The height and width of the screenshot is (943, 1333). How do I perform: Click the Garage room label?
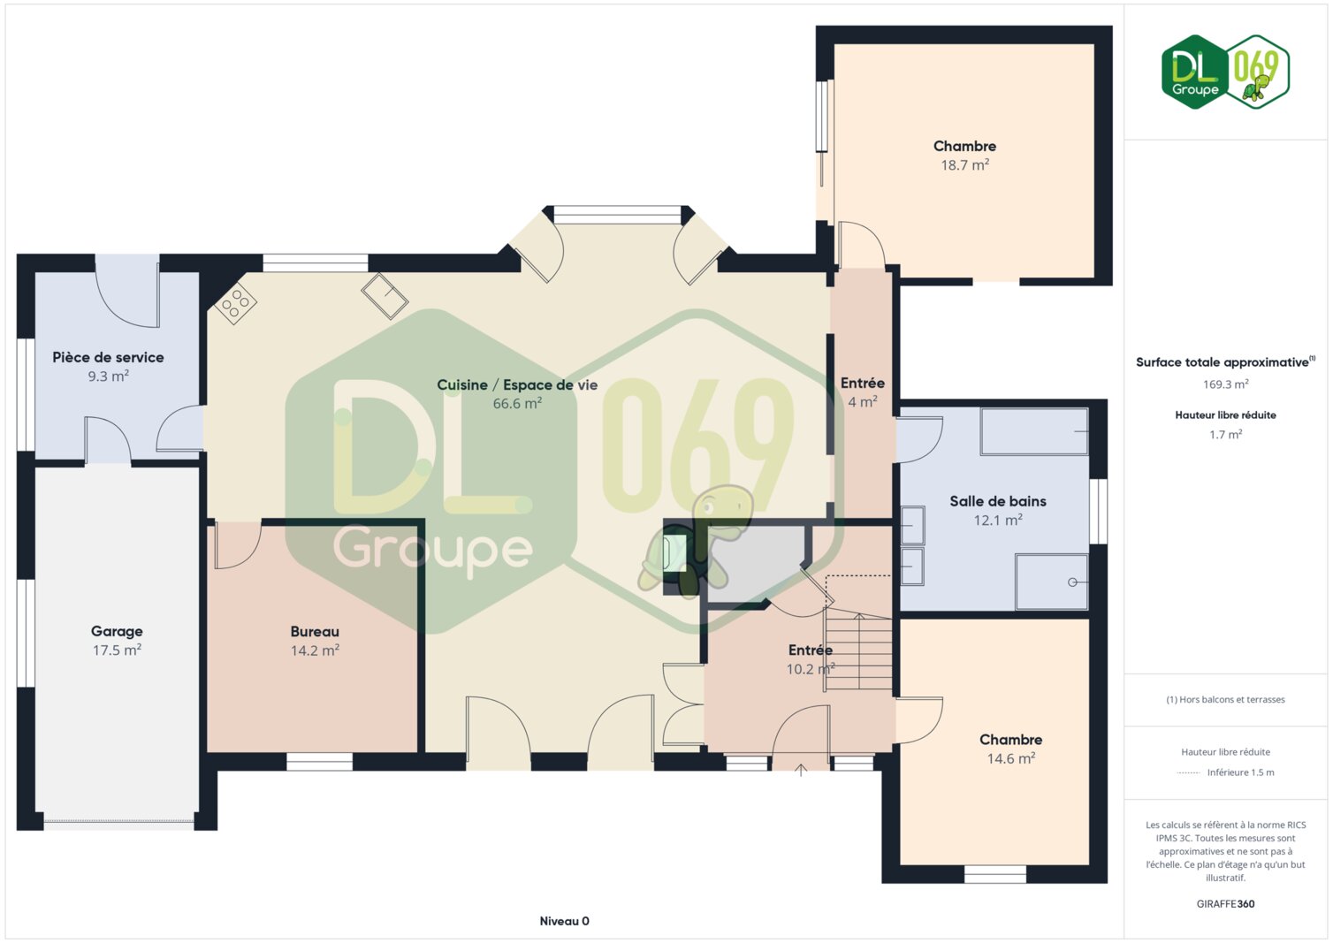click(117, 631)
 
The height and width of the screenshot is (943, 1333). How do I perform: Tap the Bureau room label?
click(315, 631)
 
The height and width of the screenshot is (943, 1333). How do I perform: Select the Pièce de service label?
click(109, 357)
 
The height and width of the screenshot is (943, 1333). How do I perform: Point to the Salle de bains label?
click(998, 501)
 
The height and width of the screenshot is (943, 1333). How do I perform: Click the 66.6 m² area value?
click(517, 403)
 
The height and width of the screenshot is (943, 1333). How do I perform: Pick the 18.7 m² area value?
click(964, 164)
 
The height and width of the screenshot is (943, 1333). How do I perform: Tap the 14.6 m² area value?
click(1011, 758)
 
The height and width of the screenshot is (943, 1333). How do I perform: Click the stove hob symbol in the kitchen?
click(236, 303)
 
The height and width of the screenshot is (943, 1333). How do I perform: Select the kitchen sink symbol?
click(385, 296)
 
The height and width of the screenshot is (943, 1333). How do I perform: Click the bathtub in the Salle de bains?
click(1034, 431)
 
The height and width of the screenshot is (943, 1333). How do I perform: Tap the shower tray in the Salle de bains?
click(1052, 582)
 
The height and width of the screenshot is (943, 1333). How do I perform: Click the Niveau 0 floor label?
click(564, 921)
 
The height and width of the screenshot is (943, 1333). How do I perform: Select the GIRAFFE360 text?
click(1225, 904)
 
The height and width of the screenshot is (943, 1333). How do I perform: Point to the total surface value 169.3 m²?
click(1225, 384)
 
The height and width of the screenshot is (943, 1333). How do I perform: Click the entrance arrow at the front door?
click(801, 770)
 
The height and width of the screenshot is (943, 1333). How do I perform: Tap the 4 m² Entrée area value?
click(862, 401)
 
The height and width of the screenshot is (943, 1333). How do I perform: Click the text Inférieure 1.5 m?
click(1241, 772)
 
